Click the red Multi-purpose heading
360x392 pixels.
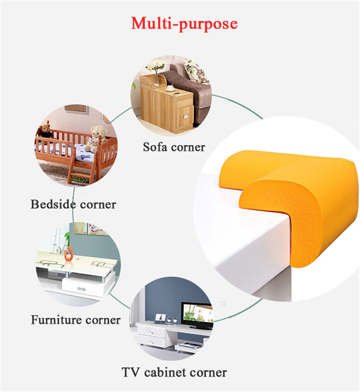tap(184, 24)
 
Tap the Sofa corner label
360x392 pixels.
tap(174, 147)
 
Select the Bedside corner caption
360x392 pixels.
tap(73, 204)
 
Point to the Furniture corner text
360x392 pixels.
tap(76, 320)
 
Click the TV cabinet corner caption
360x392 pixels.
tap(174, 372)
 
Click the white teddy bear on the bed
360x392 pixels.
tap(96, 139)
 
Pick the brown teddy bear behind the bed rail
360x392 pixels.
tap(46, 130)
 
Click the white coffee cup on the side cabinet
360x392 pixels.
tap(170, 88)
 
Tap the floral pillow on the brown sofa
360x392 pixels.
tap(196, 71)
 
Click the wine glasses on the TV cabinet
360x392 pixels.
tap(172, 321)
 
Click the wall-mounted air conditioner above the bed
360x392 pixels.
tap(76, 108)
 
